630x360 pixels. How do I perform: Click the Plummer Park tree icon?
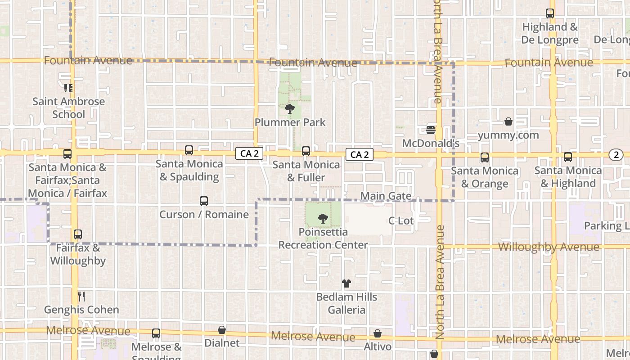point(290,108)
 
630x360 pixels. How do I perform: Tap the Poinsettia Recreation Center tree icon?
point(323,219)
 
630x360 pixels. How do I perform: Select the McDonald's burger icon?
point(431,130)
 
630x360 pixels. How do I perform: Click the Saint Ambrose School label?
point(68,108)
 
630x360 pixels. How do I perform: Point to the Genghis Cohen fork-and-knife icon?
point(81,296)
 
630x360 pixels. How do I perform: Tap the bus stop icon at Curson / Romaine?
point(204,201)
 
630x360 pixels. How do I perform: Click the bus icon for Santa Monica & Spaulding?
point(189,150)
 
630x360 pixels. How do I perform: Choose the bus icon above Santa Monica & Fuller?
point(306,151)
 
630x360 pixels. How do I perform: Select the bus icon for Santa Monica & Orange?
point(485,157)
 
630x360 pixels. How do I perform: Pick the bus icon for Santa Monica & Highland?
point(568,157)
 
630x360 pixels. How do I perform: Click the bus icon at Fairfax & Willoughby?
point(78,234)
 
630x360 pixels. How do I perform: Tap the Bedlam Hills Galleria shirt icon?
point(346,283)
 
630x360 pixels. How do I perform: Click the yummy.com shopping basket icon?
point(508,121)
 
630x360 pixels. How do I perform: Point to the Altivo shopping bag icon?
point(378,333)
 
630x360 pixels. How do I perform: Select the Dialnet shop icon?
point(222,330)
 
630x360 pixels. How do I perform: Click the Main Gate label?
point(386,196)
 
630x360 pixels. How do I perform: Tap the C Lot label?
point(401,220)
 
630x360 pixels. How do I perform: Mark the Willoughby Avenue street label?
point(549,247)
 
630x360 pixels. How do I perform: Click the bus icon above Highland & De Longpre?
point(550,13)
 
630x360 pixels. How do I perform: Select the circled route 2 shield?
point(616,155)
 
